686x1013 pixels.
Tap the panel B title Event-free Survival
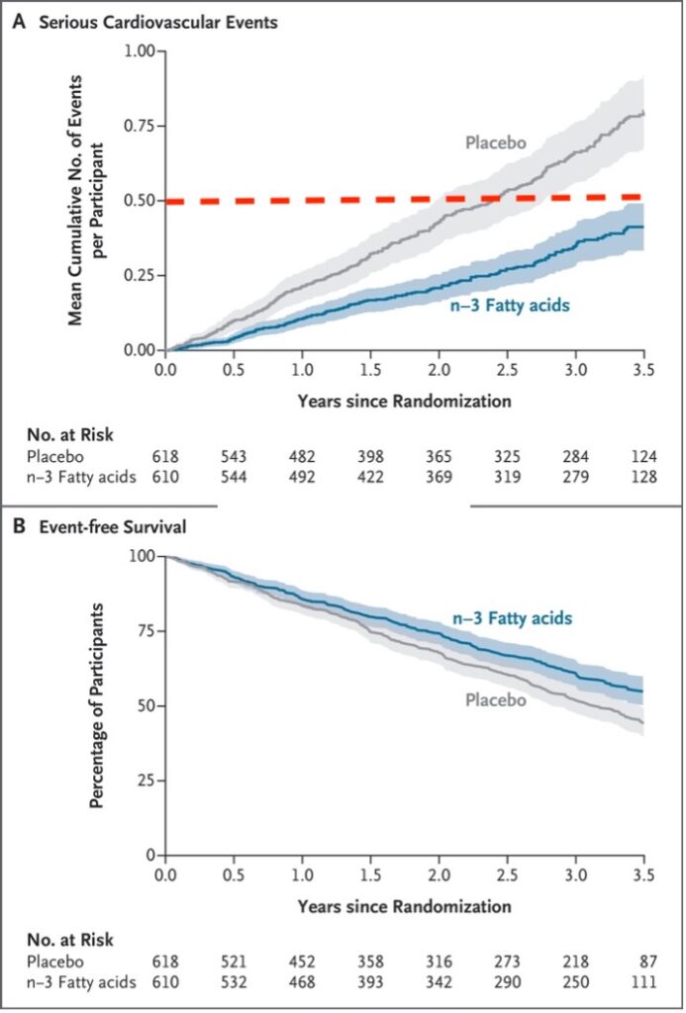tap(115, 526)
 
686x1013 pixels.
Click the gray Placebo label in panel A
tap(495, 142)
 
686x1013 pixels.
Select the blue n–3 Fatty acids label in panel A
tap(513, 305)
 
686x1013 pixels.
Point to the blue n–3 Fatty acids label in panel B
tap(513, 618)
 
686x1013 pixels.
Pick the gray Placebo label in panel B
tap(495, 700)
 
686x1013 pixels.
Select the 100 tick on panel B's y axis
tap(143, 556)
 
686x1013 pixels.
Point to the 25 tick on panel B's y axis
tap(147, 781)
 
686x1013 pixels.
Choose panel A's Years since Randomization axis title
tap(404, 402)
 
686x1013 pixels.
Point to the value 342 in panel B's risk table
tap(439, 980)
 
